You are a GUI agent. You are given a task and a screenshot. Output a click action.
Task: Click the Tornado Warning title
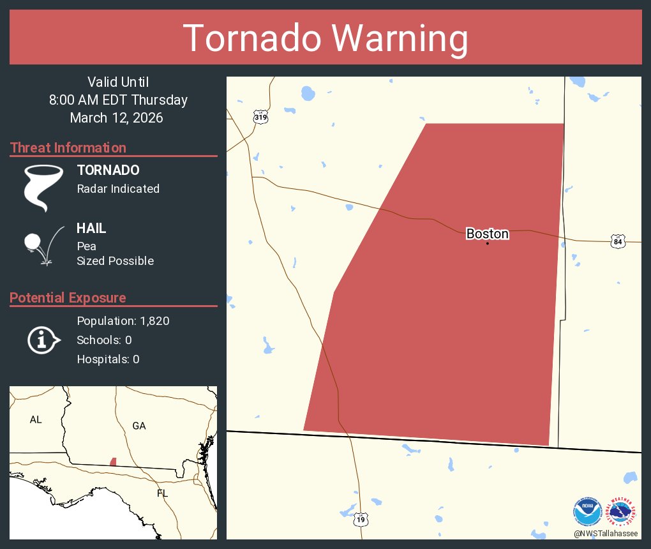click(x=325, y=38)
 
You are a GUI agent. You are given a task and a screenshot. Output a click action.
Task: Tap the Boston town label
click(x=487, y=234)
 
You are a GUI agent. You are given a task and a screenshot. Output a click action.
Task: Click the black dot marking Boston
click(x=487, y=243)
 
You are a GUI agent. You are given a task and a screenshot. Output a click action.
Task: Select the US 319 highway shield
click(x=260, y=117)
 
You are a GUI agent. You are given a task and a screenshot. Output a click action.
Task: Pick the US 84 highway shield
click(x=617, y=241)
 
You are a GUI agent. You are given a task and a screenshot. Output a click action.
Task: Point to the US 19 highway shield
click(x=361, y=520)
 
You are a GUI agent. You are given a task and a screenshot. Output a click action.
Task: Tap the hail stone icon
click(x=32, y=243)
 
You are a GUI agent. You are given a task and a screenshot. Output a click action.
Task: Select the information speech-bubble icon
click(x=43, y=340)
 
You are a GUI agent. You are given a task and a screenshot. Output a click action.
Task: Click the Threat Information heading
click(x=68, y=147)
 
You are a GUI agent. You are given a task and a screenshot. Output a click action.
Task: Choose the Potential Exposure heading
click(x=68, y=297)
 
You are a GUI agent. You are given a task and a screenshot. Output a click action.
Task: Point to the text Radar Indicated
click(x=118, y=189)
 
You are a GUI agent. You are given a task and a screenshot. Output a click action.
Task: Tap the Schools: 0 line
click(x=104, y=340)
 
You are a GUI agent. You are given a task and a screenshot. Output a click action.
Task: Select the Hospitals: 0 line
click(x=108, y=359)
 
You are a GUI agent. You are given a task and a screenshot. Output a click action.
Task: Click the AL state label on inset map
click(x=36, y=419)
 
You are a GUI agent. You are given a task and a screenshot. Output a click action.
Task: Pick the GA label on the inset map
click(x=138, y=426)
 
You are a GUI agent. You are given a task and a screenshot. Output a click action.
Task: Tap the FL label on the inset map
click(x=163, y=493)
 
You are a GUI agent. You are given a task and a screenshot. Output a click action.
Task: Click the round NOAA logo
click(x=587, y=511)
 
